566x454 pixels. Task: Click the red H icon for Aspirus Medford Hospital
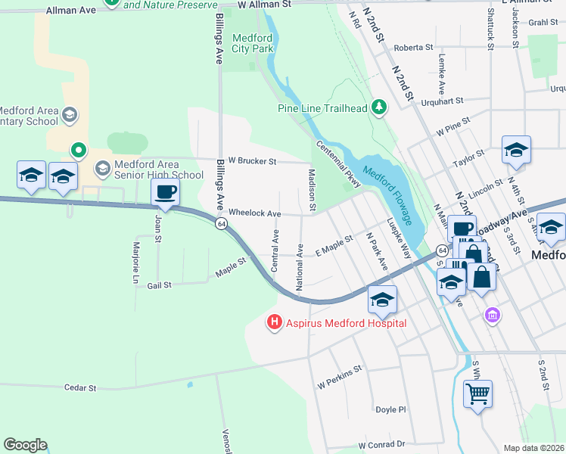(274, 323)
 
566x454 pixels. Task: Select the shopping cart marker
(477, 394)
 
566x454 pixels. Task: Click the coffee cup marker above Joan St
(165, 193)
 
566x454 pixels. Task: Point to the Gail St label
(160, 285)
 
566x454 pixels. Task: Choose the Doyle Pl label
(391, 409)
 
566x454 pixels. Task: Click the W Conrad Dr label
(382, 445)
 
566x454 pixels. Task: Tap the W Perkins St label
(341, 376)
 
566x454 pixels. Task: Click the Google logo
(25, 445)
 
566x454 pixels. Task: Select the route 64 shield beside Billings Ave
(220, 224)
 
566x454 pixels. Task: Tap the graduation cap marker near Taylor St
(516, 151)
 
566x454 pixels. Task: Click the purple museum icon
(493, 314)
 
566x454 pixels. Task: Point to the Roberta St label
(412, 47)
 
